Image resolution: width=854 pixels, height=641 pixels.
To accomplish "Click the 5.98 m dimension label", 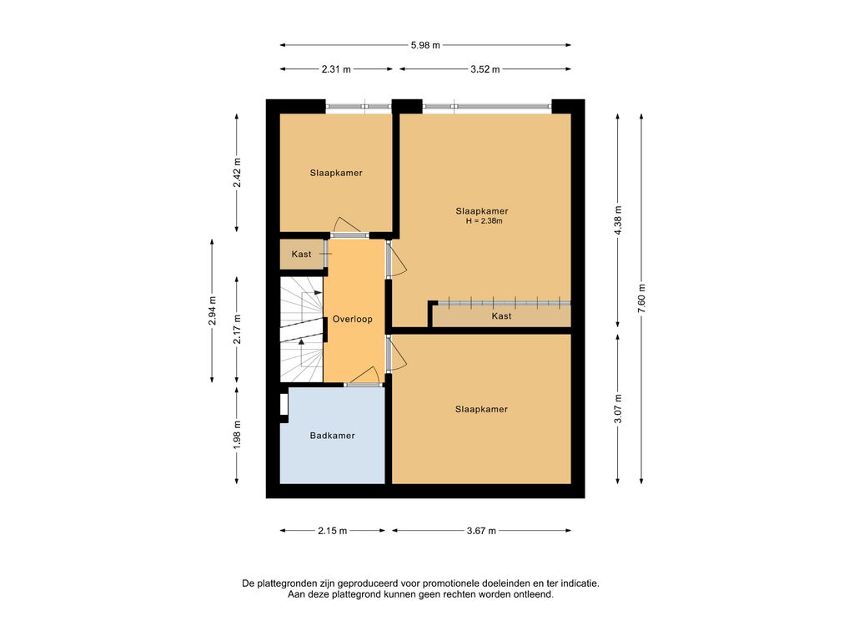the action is [x=425, y=45].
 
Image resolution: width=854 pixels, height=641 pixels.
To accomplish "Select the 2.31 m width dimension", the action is [x=336, y=69].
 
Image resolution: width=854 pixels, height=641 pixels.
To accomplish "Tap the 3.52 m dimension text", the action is [x=485, y=69].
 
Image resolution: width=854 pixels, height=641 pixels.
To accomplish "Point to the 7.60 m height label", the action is [x=641, y=299].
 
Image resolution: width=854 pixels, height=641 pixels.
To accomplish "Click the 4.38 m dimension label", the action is [x=618, y=220].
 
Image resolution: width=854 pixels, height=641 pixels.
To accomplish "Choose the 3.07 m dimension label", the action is [x=618, y=409].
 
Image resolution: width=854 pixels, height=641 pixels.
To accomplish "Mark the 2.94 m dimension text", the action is [x=212, y=310].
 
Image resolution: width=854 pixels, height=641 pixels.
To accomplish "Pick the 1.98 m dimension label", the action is [x=236, y=436].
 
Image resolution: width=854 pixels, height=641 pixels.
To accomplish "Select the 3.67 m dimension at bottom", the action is [x=481, y=531].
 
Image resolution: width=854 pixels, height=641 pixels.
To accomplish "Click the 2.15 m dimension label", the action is [x=332, y=531].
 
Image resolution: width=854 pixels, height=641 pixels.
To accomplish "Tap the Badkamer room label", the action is [x=332, y=436].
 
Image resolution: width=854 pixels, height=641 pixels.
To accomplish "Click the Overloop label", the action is [x=353, y=320].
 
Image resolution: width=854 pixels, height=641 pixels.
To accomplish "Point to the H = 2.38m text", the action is [x=484, y=221].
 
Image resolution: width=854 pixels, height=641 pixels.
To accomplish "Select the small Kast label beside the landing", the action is [x=301, y=254].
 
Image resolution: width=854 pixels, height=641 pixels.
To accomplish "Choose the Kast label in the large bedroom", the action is [x=501, y=316].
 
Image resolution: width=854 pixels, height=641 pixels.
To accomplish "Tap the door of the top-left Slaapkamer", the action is [x=348, y=225].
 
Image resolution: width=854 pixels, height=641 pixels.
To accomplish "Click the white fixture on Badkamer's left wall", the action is [x=284, y=405].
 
